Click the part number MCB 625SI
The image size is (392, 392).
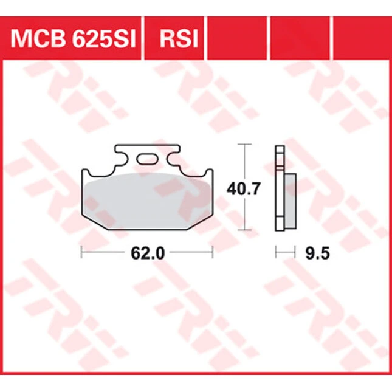73,39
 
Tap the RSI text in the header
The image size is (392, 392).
179,39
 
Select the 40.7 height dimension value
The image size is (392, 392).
244,189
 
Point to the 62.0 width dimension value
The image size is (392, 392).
148,253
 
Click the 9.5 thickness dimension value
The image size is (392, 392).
317,253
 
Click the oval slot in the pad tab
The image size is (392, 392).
147,159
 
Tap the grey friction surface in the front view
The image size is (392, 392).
148,201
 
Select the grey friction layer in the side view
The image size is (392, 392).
291,201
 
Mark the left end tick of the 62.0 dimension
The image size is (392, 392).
81,252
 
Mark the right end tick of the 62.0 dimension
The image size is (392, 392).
213,252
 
